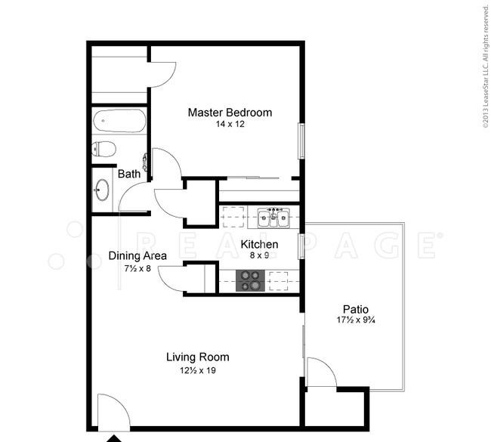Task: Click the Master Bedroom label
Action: click(230, 113)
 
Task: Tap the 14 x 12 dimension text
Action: click(230, 124)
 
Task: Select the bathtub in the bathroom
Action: click(119, 121)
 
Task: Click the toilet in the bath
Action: click(104, 149)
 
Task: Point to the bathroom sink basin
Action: click(102, 190)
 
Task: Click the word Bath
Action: click(129, 174)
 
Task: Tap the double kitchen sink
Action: click(273, 217)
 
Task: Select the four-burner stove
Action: click(250, 280)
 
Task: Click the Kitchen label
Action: click(259, 244)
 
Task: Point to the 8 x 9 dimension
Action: click(259, 255)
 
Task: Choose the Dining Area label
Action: click(137, 256)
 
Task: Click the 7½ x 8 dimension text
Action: click(137, 268)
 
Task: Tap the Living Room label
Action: click(198, 357)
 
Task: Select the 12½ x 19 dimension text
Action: click(198, 370)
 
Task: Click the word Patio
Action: click(356, 310)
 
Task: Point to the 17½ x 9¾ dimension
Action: click(356, 320)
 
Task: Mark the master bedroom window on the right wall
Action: click(301, 141)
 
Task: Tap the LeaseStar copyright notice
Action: click(486, 66)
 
